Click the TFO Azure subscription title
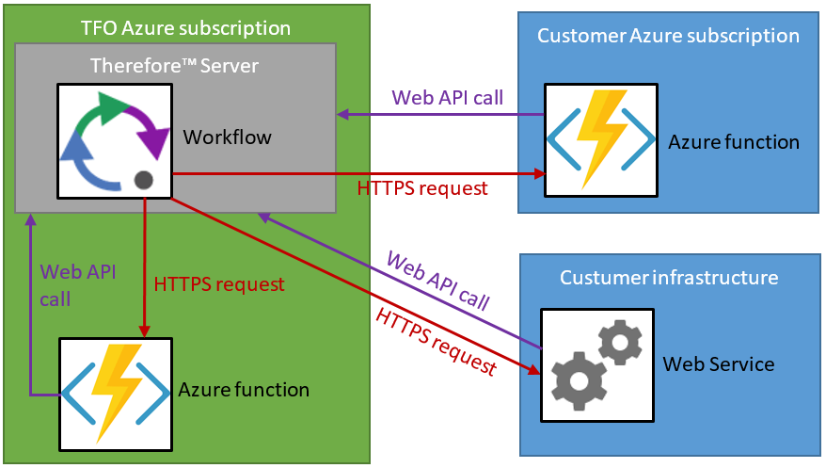(185, 28)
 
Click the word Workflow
(227, 137)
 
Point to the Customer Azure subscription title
(668, 36)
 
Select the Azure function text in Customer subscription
(734, 142)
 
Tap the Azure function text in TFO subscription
(244, 389)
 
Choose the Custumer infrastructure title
(669, 278)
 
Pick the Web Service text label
(719, 363)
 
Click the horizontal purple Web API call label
(447, 97)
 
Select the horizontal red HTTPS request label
(422, 188)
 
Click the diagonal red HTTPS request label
(435, 340)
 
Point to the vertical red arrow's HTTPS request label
(218, 282)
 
